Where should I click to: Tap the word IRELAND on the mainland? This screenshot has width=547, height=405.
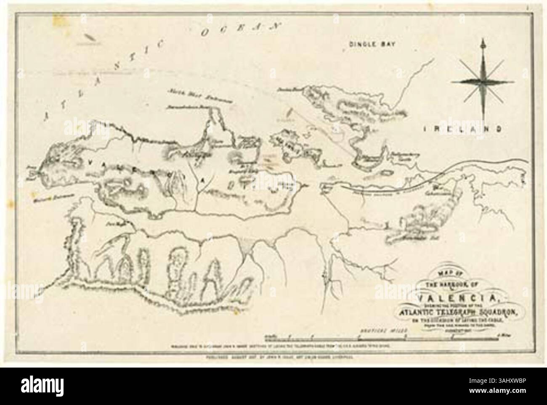pyautogui.click(x=461, y=129)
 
